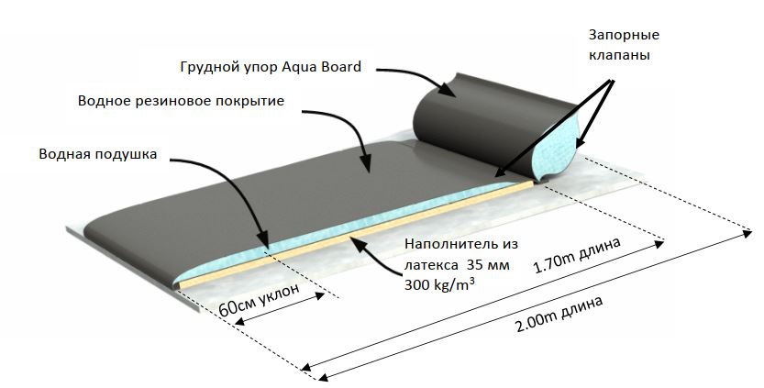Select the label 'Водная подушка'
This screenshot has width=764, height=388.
[x=98, y=154]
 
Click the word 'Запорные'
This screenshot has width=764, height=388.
[x=625, y=35]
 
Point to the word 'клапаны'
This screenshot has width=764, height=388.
[x=624, y=55]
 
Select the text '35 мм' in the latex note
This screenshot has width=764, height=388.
[x=478, y=265]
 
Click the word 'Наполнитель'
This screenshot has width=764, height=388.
[x=447, y=245]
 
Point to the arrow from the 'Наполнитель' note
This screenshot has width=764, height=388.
[x=375, y=249]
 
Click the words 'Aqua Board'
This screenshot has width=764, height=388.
[x=325, y=66]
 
